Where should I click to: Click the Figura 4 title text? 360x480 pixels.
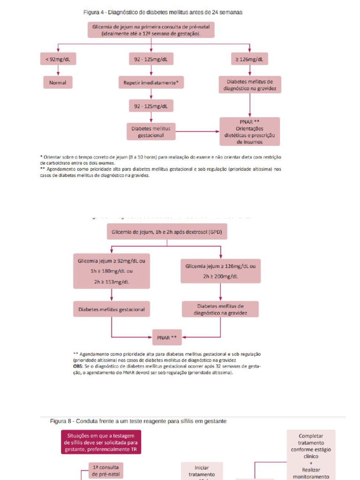click(163, 12)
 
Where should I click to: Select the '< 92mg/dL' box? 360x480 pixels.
click(58, 59)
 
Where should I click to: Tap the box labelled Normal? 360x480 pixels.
click(58, 83)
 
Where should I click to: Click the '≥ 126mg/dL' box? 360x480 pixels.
click(249, 59)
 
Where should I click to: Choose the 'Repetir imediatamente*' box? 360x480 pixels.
click(151, 83)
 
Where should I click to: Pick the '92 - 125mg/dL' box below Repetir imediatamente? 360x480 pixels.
click(151, 106)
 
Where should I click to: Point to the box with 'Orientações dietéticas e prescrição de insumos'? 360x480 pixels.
click(249, 132)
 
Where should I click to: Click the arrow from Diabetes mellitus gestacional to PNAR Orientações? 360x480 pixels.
click(197, 132)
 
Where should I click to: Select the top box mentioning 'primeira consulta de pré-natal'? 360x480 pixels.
click(151, 30)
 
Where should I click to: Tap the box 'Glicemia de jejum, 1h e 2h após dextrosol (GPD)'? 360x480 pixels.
click(166, 232)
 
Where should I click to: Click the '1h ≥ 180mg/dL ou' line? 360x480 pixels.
click(112, 271)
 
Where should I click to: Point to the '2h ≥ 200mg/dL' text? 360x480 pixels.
click(220, 277)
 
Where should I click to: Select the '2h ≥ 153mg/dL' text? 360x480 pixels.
click(112, 282)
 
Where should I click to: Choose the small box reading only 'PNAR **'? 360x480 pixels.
click(167, 337)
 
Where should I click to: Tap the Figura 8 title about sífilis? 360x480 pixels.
click(138, 421)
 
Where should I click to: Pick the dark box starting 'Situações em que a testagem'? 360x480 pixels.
click(101, 442)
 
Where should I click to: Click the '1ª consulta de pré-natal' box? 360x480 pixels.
click(105, 471)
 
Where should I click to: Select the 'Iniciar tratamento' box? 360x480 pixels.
click(202, 471)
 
